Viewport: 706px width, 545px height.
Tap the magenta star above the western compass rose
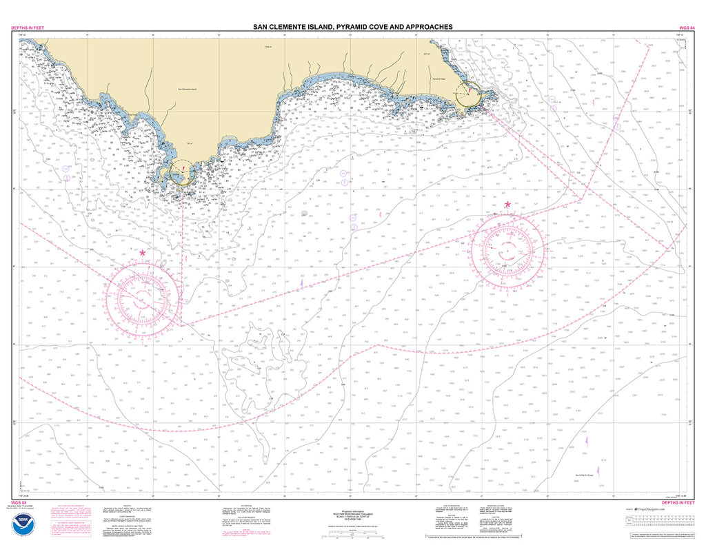[143, 253]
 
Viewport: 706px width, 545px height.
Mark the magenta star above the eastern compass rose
[508, 205]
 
